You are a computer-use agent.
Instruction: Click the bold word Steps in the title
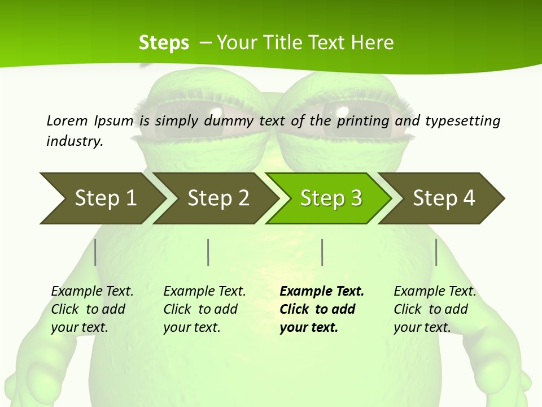point(164,43)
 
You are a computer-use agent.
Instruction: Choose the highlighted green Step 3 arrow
point(331,198)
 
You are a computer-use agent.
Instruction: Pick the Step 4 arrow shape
point(444,198)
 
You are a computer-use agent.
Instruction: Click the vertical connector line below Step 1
point(95,252)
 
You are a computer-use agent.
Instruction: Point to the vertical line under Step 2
point(208,252)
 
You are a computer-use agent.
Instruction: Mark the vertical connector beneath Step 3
point(322,252)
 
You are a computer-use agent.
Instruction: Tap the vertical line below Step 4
point(436,252)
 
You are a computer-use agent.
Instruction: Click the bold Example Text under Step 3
point(322,309)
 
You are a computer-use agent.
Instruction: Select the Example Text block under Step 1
point(92,309)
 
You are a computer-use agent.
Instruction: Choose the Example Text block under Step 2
point(204,309)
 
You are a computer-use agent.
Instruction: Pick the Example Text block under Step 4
point(435,309)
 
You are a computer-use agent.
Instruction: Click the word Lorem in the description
point(67,120)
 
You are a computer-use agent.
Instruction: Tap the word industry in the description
point(75,141)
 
